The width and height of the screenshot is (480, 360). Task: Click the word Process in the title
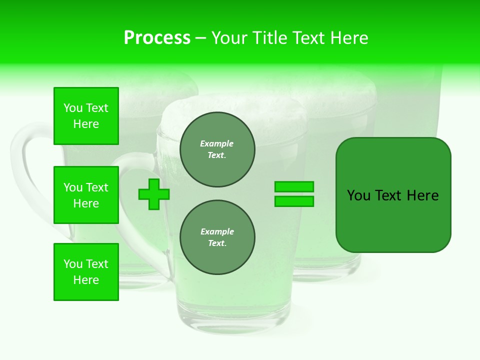click(x=157, y=38)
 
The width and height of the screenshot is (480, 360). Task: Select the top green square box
click(x=86, y=116)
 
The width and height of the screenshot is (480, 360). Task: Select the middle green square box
click(x=86, y=195)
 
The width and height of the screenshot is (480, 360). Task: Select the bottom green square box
click(x=86, y=272)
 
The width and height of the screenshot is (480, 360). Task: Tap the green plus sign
click(x=154, y=194)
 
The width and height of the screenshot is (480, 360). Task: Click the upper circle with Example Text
click(x=217, y=149)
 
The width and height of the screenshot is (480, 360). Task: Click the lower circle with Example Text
click(x=217, y=237)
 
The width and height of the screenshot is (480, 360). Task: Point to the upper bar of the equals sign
click(x=294, y=186)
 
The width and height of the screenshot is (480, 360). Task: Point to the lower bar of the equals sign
click(x=294, y=201)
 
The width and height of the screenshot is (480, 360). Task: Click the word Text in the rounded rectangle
click(x=389, y=195)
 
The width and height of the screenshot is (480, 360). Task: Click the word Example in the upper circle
click(x=217, y=143)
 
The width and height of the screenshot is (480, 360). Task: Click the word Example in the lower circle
click(x=217, y=231)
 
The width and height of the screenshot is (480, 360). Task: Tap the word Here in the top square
click(x=86, y=124)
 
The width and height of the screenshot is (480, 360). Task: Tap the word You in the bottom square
click(x=72, y=264)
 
